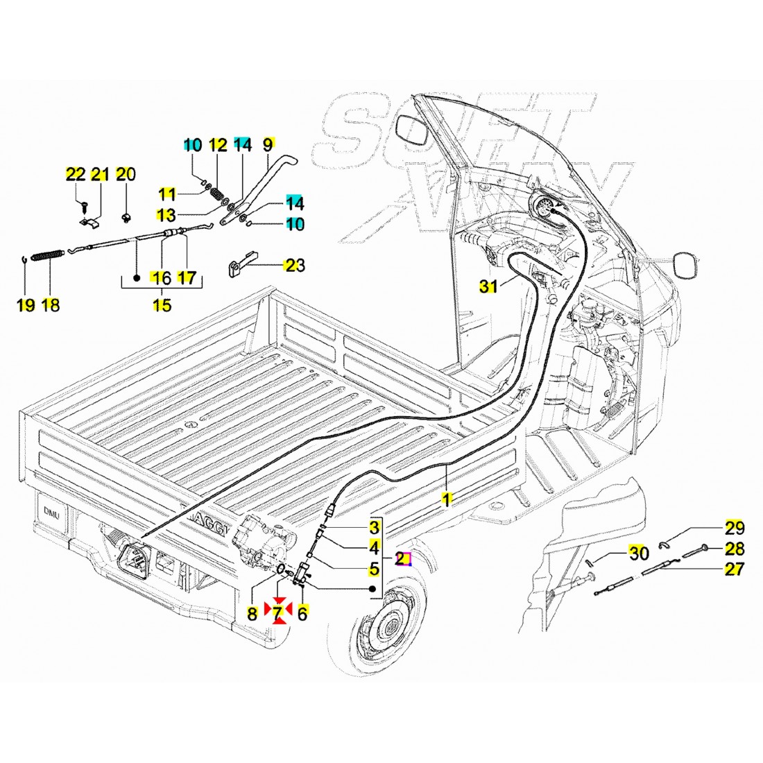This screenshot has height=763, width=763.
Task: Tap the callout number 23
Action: tap(295, 265)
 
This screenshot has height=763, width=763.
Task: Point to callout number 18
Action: tap(50, 306)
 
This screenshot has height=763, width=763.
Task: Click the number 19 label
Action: tap(26, 306)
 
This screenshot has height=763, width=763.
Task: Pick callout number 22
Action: tap(74, 173)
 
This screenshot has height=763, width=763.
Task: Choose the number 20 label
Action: tap(126, 173)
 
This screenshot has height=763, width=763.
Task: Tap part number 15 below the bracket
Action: tap(162, 306)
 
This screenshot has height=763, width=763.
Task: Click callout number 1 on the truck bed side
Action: tap(447, 499)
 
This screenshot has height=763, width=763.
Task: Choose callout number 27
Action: tap(735, 570)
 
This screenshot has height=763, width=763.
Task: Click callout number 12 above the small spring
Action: tap(218, 145)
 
